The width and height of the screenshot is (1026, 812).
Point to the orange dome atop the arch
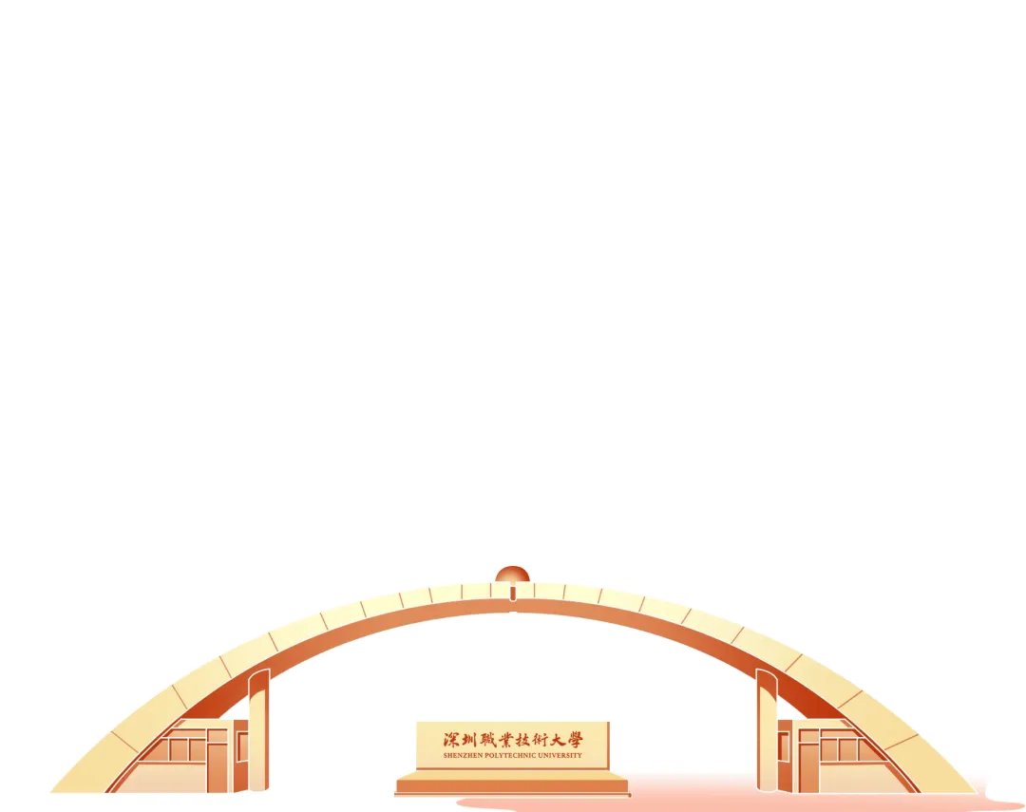pos(512,575)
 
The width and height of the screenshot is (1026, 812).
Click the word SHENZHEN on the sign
pos(464,755)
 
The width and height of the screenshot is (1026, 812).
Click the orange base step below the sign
pos(512,786)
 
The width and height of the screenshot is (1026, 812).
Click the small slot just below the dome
pos(513,593)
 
